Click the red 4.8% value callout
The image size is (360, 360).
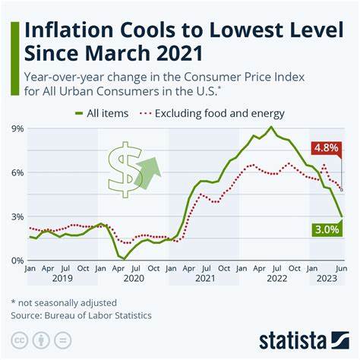click(x=327, y=148)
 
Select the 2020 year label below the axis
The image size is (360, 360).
click(x=134, y=279)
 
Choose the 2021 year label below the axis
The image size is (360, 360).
click(x=205, y=279)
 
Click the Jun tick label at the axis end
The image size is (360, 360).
click(x=341, y=269)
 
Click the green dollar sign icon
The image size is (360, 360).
click(x=124, y=168)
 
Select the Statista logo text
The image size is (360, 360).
click(x=304, y=339)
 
